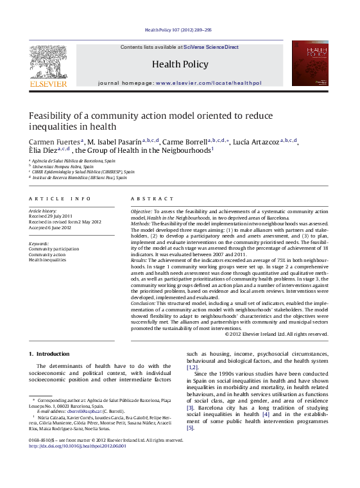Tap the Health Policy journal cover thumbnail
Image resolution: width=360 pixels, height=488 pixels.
coord(309,64)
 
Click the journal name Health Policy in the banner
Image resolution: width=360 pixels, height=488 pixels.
coord(180,64)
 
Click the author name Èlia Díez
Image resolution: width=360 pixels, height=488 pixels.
coord(42,150)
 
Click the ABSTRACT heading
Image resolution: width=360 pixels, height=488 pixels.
coord(152,199)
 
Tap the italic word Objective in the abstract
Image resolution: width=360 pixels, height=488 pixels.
coord(141,211)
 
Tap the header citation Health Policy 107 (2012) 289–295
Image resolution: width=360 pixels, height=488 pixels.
coord(178,30)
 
